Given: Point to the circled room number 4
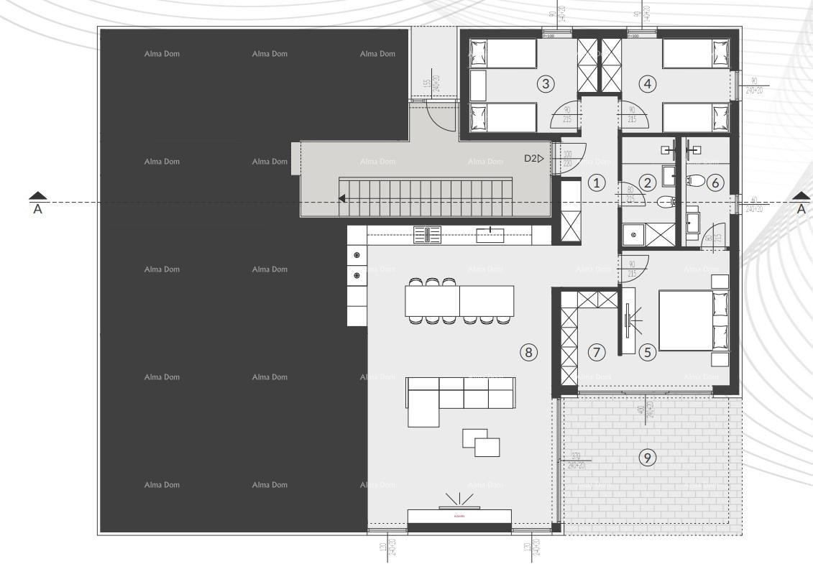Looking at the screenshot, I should tap(648, 84).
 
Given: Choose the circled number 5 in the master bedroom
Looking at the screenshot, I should tap(647, 352).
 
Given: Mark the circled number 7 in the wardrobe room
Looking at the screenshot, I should tap(597, 352).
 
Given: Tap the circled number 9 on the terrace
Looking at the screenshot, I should tap(648, 457).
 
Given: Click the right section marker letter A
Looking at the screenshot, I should tap(800, 208).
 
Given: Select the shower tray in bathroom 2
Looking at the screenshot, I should tap(635, 234).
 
